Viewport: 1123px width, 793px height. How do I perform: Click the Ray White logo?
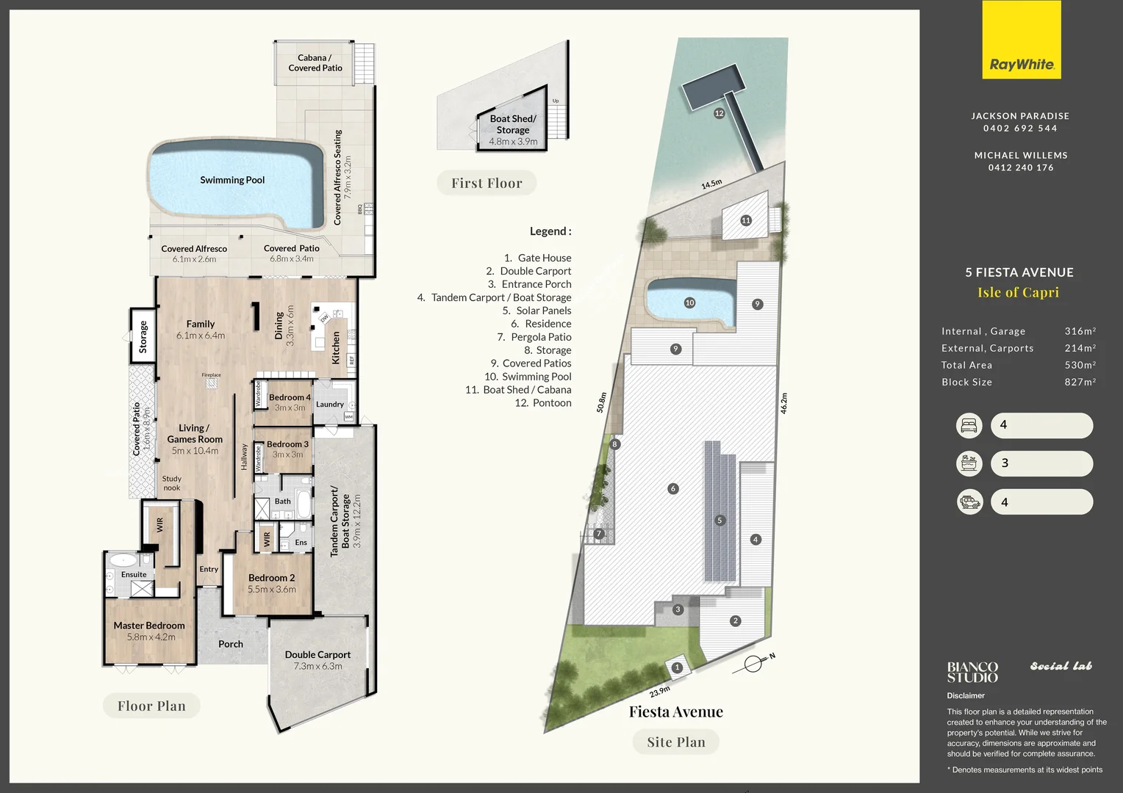(x=1022, y=40)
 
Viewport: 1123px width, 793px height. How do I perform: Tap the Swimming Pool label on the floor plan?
(x=232, y=180)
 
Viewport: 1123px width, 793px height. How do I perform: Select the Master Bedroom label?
(x=149, y=626)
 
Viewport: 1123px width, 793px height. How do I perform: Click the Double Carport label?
(x=317, y=654)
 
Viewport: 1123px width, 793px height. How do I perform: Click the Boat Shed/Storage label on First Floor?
(x=513, y=124)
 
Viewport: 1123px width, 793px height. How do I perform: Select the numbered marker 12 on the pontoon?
(x=719, y=113)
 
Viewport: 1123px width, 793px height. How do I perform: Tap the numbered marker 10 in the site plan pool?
(x=689, y=303)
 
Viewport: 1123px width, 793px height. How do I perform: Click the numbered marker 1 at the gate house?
(x=677, y=667)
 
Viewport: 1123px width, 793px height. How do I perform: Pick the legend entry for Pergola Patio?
(x=534, y=337)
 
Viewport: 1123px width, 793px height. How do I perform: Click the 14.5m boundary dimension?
(x=711, y=184)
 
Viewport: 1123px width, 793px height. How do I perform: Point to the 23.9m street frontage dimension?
(x=659, y=691)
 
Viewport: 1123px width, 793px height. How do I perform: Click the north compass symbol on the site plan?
(x=753, y=664)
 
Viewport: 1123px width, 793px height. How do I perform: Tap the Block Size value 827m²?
(x=1080, y=382)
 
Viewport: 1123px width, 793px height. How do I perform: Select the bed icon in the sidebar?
(x=969, y=425)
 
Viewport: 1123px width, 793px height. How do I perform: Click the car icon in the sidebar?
(x=969, y=502)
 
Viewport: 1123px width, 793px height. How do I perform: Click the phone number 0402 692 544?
(x=1020, y=128)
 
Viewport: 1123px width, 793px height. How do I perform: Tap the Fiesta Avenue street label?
(x=675, y=711)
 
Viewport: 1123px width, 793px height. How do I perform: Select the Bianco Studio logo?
(x=972, y=672)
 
